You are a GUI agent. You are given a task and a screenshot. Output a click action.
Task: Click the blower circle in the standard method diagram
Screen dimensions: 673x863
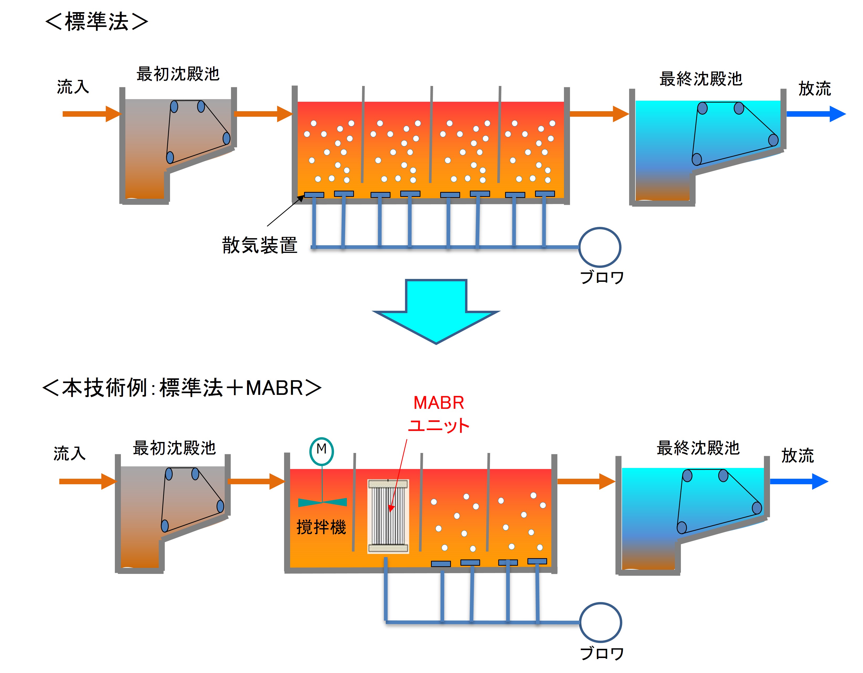tap(599, 247)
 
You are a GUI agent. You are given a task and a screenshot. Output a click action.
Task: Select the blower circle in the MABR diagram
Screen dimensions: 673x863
tap(600, 622)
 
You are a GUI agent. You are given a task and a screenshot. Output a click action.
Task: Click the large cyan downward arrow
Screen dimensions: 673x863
tap(436, 310)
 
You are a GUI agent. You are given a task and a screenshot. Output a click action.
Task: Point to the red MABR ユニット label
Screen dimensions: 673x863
tap(439, 414)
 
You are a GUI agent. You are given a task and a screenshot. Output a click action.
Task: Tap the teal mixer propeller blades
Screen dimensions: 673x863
tap(322, 502)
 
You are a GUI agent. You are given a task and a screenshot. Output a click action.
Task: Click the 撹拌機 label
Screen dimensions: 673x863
tap(321, 527)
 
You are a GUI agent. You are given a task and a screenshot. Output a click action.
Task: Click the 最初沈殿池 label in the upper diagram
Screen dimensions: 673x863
tap(178, 74)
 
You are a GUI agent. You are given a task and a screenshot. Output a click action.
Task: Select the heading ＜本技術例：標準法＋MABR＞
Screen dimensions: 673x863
tap(182, 388)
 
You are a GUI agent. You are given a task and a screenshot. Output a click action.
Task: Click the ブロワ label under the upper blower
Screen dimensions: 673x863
tap(602, 277)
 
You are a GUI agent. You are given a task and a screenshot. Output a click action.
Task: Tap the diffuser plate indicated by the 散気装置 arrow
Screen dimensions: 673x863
tap(314, 195)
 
